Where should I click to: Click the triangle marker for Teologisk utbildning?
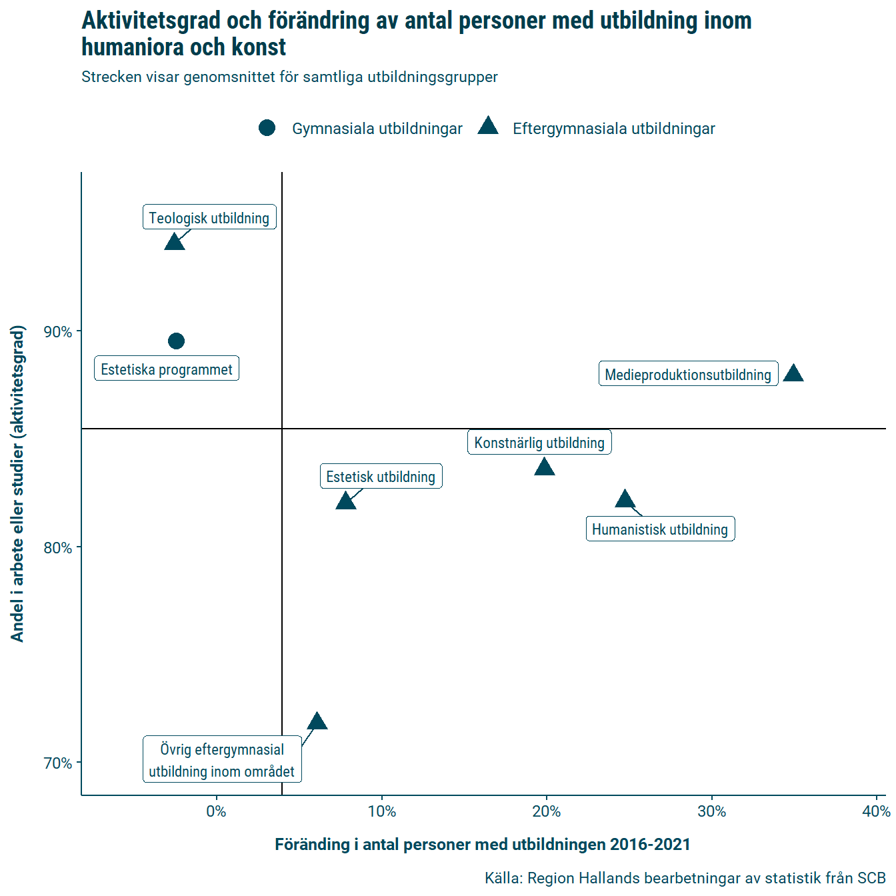(x=174, y=242)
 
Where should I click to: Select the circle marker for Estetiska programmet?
(x=176, y=341)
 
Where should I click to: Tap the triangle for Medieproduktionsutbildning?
(x=793, y=374)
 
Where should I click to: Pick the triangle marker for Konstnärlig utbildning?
(x=545, y=467)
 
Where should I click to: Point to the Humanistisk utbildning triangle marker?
(x=625, y=499)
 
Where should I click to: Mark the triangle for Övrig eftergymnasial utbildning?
(x=317, y=722)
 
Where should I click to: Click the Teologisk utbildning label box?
(x=209, y=217)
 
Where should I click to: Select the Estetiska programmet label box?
(x=167, y=369)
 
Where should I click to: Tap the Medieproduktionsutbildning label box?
(x=688, y=374)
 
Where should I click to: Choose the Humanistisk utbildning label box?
(x=660, y=529)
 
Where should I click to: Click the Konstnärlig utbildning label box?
(x=539, y=443)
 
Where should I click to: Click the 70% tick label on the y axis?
(x=58, y=763)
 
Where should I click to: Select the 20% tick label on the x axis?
(x=547, y=811)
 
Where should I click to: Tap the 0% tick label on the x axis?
(x=216, y=811)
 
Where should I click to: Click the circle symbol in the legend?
(x=267, y=128)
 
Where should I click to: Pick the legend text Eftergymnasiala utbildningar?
(x=613, y=129)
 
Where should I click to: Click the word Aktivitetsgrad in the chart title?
(x=151, y=21)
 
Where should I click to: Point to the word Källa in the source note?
(x=503, y=878)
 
